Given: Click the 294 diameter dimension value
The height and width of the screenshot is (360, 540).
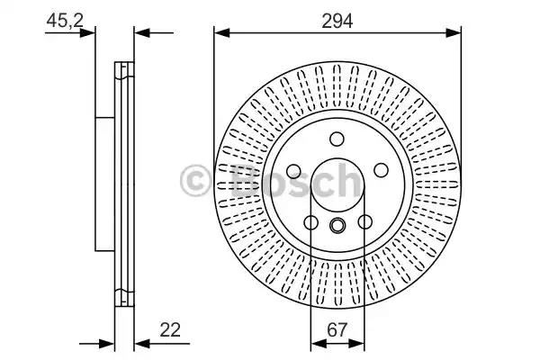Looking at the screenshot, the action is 337,21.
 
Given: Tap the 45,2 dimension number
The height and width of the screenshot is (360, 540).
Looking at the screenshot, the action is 65,21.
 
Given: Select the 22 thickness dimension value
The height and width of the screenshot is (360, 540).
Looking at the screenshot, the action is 170,330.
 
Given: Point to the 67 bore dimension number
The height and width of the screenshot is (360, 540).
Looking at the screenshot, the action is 337,330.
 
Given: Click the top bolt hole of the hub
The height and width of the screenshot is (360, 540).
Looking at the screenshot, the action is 337,139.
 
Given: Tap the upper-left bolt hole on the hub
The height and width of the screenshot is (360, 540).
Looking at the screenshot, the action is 293,171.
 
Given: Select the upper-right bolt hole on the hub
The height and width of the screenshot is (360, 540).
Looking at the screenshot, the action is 381,170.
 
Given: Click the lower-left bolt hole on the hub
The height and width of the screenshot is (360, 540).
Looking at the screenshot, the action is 311,222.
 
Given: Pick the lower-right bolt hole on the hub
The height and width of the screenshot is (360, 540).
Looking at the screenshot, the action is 364,221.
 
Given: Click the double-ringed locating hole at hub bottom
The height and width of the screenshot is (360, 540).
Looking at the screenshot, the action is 337,225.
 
